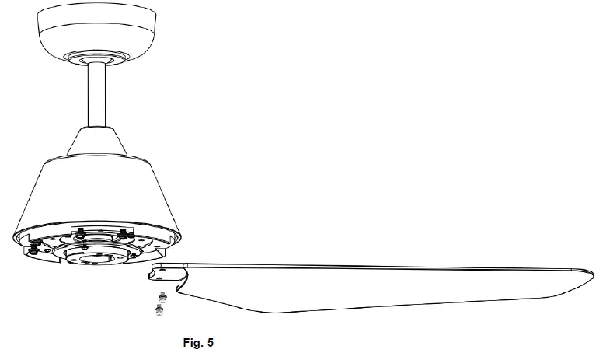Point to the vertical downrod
(96, 94)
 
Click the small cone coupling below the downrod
(96, 141)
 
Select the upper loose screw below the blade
(162, 295)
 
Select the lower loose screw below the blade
(159, 309)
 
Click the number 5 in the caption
(211, 342)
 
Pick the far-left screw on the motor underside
(33, 249)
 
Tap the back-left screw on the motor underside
(81, 232)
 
